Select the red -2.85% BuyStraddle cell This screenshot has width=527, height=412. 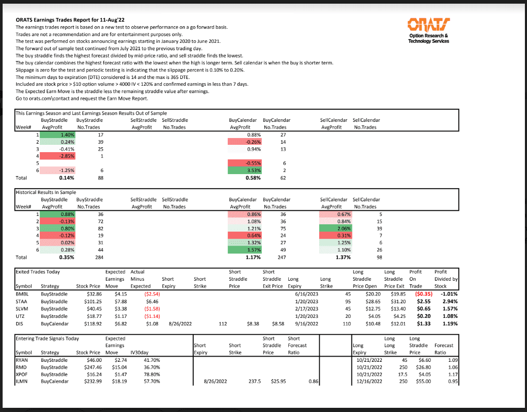[x=66, y=156]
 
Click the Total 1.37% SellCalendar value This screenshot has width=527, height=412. [x=343, y=257]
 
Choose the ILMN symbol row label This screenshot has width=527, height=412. [x=22, y=382]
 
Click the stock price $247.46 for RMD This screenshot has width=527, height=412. [x=90, y=367]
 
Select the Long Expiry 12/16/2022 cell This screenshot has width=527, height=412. [x=369, y=382]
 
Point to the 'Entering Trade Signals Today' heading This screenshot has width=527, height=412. [x=48, y=338]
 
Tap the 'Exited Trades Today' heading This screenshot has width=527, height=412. [x=38, y=272]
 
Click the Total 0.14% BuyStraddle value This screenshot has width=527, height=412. [x=66, y=178]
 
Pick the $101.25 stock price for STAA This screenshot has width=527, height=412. [x=90, y=302]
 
